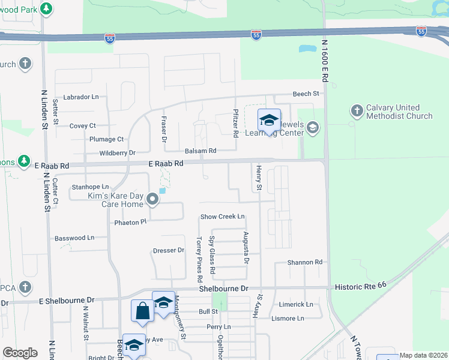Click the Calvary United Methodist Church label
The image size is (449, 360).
click(399, 112)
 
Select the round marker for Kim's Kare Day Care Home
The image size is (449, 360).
click(152, 200)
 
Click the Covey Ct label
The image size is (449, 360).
click(83, 126)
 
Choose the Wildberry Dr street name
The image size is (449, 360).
click(118, 153)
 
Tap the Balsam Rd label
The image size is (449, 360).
click(200, 151)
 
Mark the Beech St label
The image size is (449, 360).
click(306, 94)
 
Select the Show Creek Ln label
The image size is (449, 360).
click(223, 217)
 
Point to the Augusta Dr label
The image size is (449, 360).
click(246, 248)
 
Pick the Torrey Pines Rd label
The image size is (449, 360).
click(199, 259)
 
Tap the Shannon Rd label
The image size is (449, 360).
click(305, 262)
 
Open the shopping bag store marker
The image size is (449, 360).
click(142, 311)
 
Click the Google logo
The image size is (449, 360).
click(20, 353)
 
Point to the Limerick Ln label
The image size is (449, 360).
click(296, 305)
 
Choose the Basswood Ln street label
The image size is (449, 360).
click(74, 238)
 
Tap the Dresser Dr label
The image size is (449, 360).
click(169, 250)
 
